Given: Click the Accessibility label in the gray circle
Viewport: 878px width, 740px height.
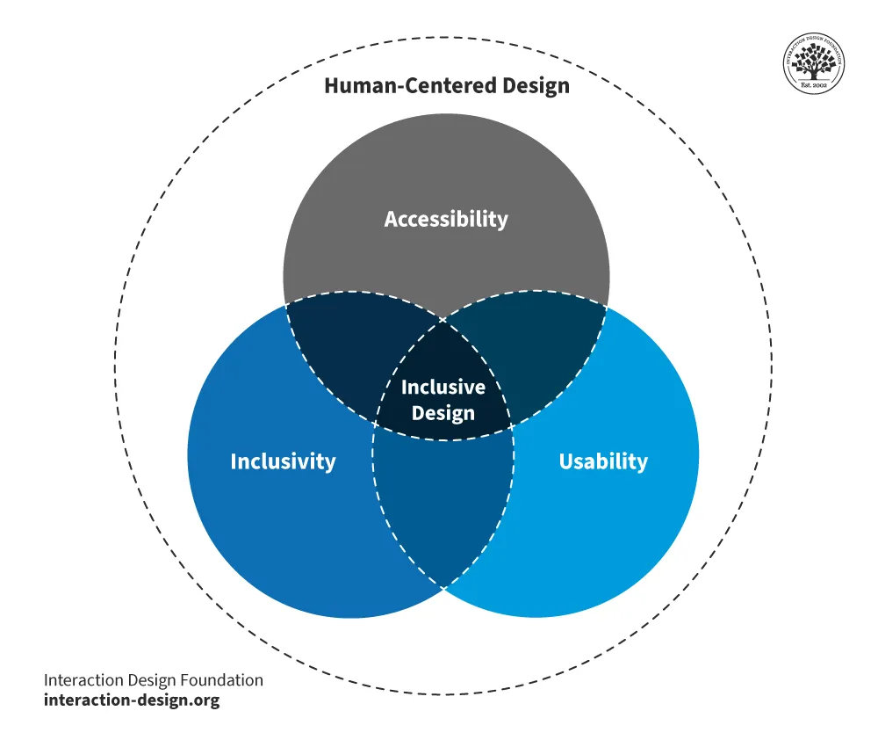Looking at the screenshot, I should [446, 219].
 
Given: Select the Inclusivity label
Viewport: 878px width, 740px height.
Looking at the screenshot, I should [283, 461].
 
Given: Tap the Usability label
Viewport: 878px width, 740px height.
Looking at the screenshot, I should [603, 461].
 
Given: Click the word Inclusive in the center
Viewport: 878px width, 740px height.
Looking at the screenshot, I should [443, 387].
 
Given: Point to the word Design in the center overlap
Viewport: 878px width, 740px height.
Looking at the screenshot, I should [443, 412].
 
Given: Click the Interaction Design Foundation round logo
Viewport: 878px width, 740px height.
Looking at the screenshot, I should [814, 64].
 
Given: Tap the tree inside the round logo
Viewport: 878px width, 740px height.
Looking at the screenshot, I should [814, 61].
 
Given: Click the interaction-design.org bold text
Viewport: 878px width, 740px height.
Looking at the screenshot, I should [132, 700].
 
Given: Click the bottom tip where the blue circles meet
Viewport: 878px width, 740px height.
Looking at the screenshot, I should [443, 586].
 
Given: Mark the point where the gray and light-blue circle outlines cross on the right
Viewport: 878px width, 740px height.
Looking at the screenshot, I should [605, 305].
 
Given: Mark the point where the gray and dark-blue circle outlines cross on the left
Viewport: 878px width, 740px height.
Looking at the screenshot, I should [285, 305].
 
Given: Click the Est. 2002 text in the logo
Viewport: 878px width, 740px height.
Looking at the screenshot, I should [814, 83].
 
